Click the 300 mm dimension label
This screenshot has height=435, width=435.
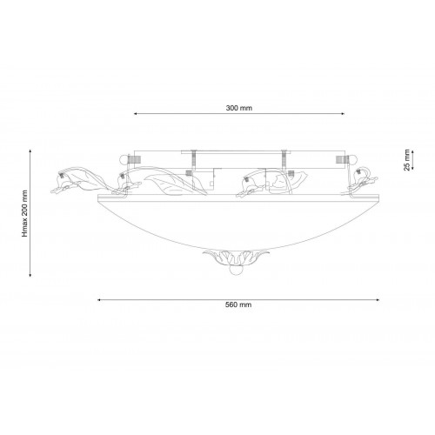coord(239,108)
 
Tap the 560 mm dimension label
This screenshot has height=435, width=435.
coord(238,304)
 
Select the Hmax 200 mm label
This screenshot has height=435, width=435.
coord(25,213)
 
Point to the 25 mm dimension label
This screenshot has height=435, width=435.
coord(407,160)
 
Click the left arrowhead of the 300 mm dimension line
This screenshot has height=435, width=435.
coord(135,114)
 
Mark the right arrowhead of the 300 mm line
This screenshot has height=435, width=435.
coord(343,114)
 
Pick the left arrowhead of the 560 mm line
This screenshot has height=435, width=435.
coord(99,300)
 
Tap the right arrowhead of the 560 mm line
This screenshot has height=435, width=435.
coord(378,300)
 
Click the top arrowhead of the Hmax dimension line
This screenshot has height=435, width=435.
coord(30,151)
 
